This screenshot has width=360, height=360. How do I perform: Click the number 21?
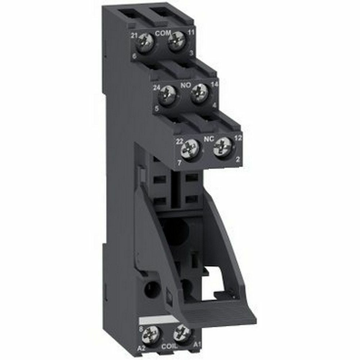tap(135, 35)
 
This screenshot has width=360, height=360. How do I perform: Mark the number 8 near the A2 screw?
tap(140, 328)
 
